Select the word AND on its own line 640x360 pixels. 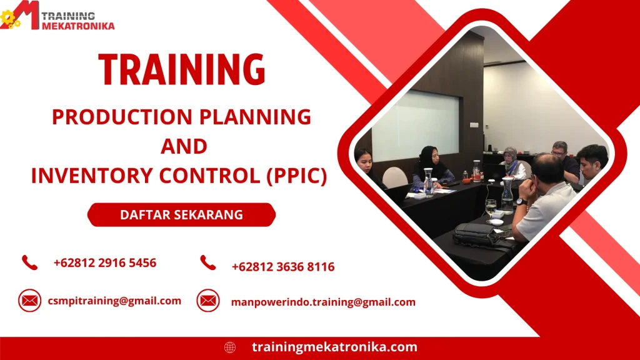point(184,146)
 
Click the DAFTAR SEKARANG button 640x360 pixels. point(181,215)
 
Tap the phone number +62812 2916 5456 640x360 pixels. point(105,262)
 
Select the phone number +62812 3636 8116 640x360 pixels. point(283,267)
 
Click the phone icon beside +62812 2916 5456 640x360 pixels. point(29,262)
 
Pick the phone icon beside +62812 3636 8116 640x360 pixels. point(208,263)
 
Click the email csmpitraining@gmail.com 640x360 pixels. point(114,301)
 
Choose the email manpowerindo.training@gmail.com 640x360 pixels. point(323,302)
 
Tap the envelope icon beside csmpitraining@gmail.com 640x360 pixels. point(29,301)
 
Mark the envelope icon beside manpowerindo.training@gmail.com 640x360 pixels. point(208,301)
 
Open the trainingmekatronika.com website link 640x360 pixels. point(334,347)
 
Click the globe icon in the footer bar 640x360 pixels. point(230,347)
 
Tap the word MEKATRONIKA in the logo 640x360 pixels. point(78,26)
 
